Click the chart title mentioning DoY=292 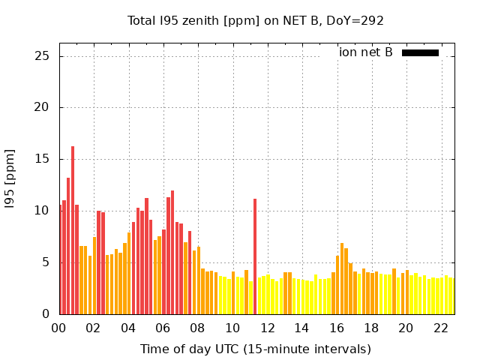[x=255, y=21]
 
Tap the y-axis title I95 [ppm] [x=10, y=172]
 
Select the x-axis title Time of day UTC [x=255, y=349]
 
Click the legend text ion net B [x=366, y=52]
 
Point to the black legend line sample [x=420, y=52]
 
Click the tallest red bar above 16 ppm [x=73, y=225]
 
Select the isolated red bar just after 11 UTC [x=255, y=255]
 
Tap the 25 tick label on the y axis [x=43, y=56]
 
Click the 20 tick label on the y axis [x=43, y=107]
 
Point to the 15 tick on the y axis [x=43, y=159]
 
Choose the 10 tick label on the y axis [x=43, y=211]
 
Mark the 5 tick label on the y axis [x=46, y=262]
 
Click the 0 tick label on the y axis [x=46, y=313]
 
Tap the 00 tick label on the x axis [x=59, y=328]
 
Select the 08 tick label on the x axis [x=198, y=328]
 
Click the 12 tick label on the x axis [x=267, y=328]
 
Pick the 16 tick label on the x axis [x=337, y=328]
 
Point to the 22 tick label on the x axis [x=440, y=328]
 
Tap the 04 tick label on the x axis [x=128, y=328]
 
